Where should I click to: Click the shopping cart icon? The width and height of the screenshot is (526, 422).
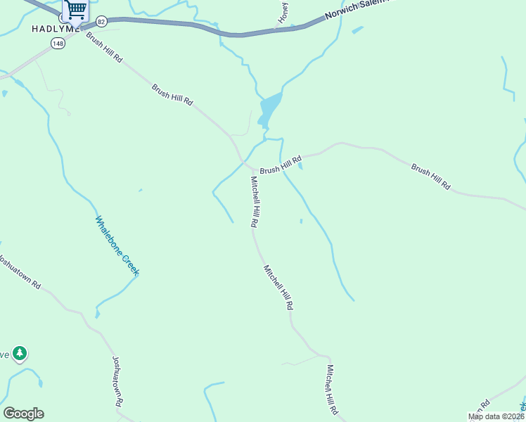click(x=75, y=10)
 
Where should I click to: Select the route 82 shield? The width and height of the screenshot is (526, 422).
click(x=102, y=22)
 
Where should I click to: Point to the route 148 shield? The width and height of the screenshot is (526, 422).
click(x=58, y=44)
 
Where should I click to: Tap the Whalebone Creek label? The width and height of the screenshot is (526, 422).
click(x=117, y=245)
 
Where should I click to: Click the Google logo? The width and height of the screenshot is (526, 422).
click(x=23, y=414)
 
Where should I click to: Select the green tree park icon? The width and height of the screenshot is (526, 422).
click(x=20, y=353)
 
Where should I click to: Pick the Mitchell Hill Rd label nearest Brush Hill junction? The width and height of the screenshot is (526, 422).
click(x=255, y=201)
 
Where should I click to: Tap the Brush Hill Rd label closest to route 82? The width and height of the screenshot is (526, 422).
click(x=105, y=48)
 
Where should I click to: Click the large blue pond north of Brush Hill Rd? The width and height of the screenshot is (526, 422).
click(x=270, y=107)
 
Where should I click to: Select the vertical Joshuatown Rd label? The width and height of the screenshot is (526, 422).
click(x=117, y=381)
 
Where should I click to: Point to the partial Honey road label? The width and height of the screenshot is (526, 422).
click(x=284, y=13)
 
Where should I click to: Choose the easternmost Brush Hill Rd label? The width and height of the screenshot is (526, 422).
click(x=430, y=177)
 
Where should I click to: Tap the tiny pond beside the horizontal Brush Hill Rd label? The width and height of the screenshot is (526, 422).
click(x=301, y=166)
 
